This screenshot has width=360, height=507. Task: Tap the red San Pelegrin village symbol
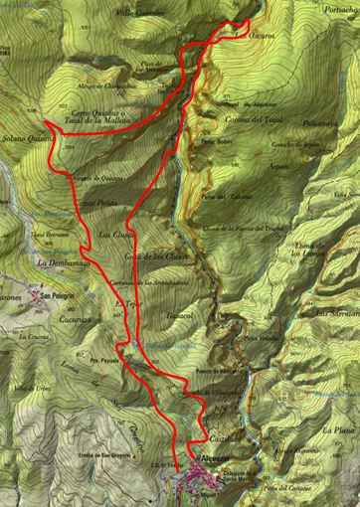click(x=41, y=295)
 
